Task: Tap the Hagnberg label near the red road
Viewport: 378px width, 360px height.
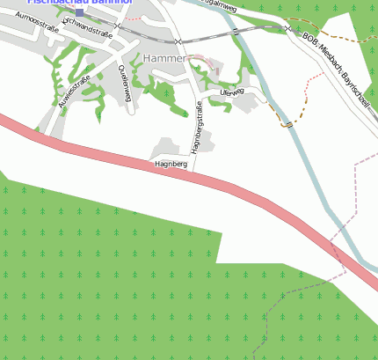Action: [171, 165]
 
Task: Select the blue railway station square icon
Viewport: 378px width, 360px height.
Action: [79, 12]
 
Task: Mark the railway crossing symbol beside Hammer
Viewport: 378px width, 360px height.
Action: [178, 41]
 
